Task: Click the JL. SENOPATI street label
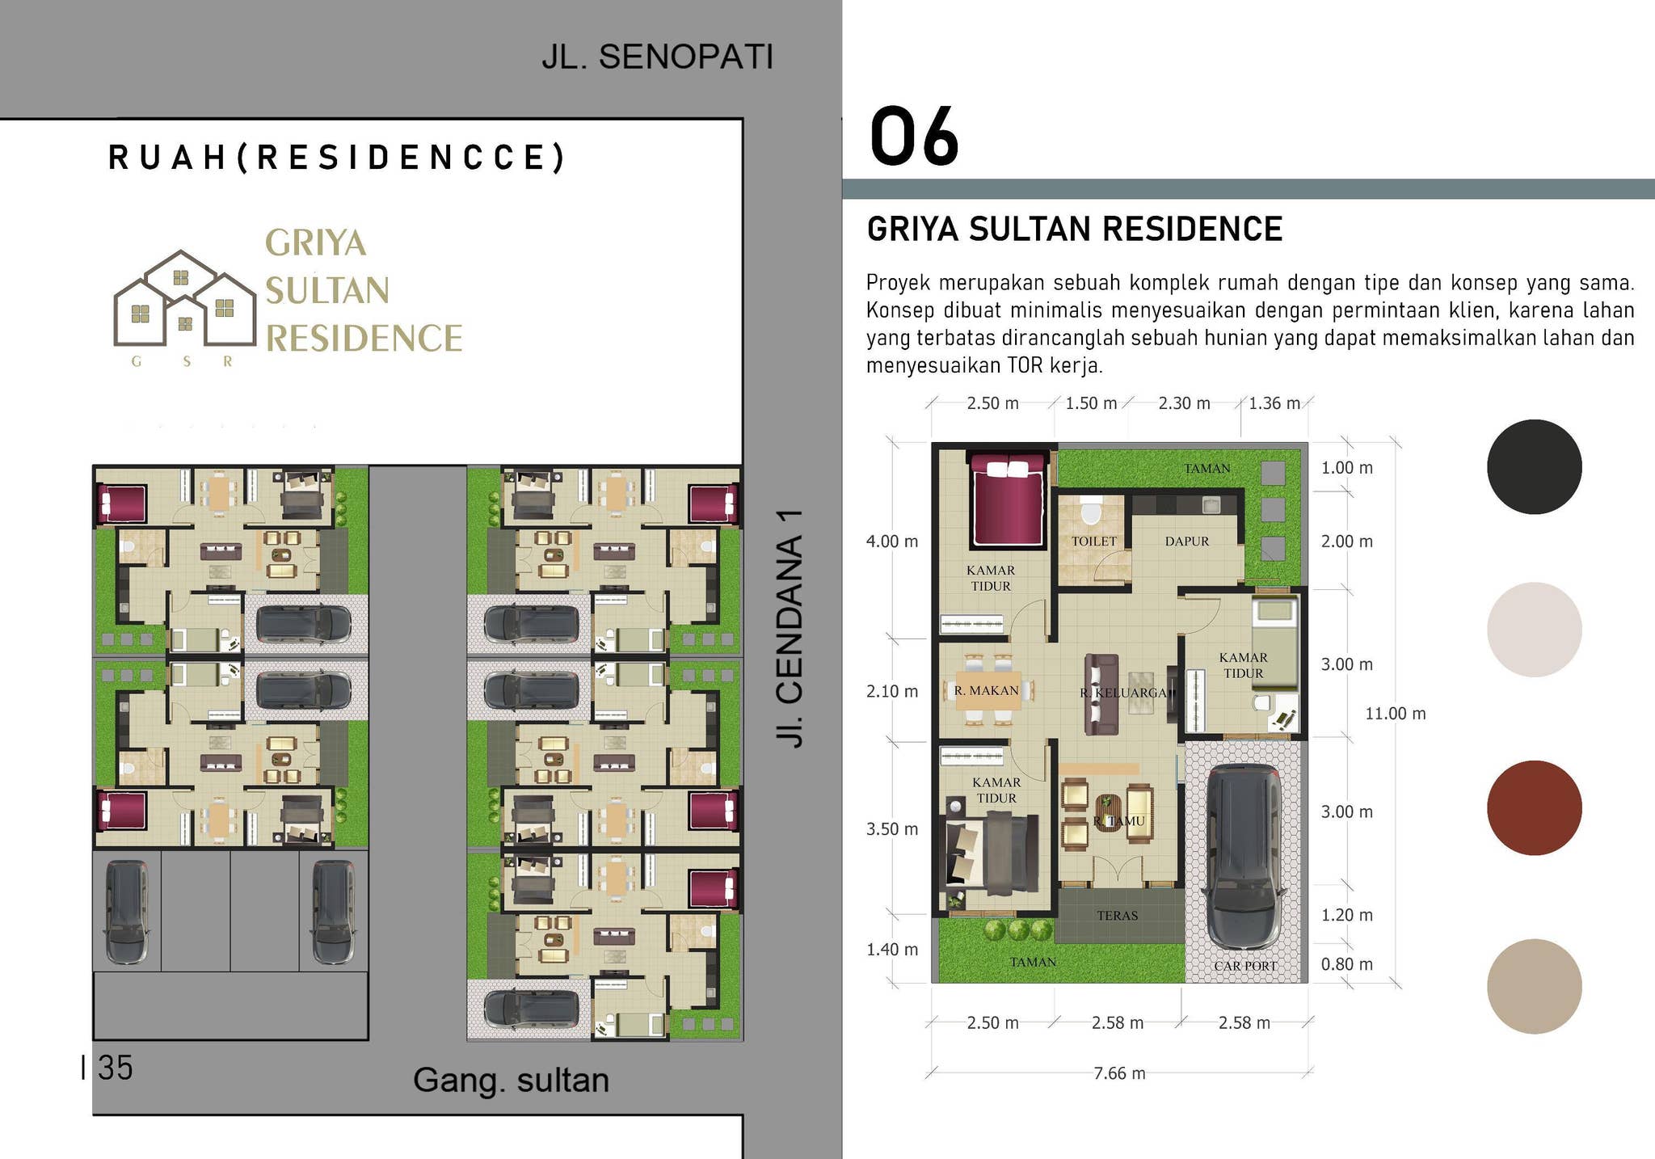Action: tap(657, 57)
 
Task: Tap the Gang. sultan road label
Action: tap(511, 1080)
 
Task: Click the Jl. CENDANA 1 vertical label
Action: tap(790, 628)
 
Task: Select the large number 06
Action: tap(914, 137)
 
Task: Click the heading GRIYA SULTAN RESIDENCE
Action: tap(1074, 230)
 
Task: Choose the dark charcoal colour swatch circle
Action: tap(1534, 466)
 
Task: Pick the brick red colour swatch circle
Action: tap(1534, 807)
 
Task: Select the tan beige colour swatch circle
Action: tap(1534, 986)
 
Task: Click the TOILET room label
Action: tap(1094, 542)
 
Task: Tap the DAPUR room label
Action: tap(1186, 542)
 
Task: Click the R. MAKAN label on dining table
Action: tap(986, 690)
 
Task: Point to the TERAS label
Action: tap(1117, 916)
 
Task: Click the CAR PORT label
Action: tap(1244, 966)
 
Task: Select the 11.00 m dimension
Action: tap(1395, 714)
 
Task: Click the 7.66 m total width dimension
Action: tap(1119, 1073)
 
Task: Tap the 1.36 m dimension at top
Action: tap(1274, 403)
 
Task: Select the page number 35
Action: tap(115, 1068)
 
